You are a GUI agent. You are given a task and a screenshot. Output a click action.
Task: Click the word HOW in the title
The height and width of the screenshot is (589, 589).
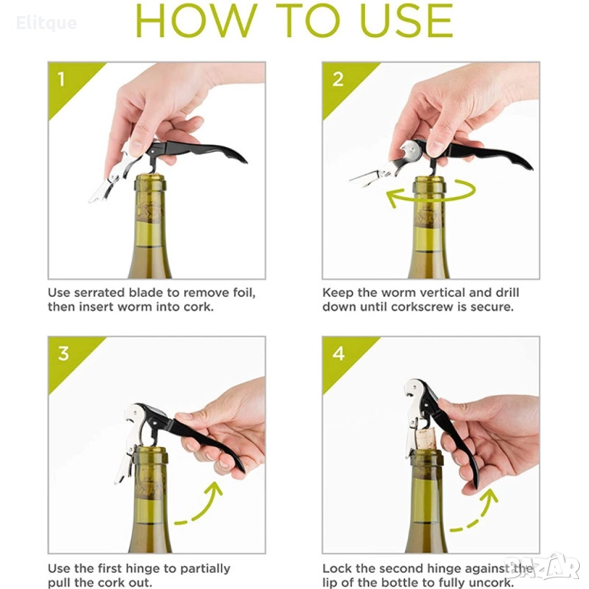click(196, 21)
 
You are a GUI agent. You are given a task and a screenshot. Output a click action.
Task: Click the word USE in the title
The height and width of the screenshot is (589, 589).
click(406, 21)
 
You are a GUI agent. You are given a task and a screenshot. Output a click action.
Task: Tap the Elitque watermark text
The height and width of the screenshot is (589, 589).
click(46, 23)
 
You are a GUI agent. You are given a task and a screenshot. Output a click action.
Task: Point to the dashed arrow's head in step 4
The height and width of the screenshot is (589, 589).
click(490, 497)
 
